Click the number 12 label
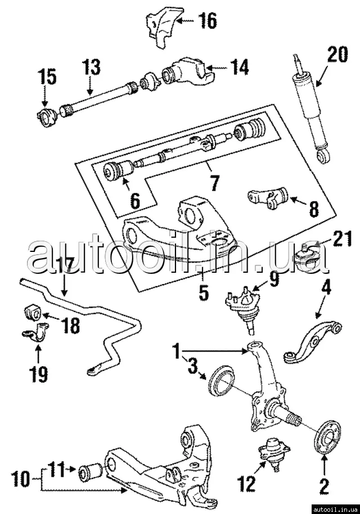point(246,482)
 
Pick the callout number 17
point(66,265)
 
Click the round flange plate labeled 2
point(326,436)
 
